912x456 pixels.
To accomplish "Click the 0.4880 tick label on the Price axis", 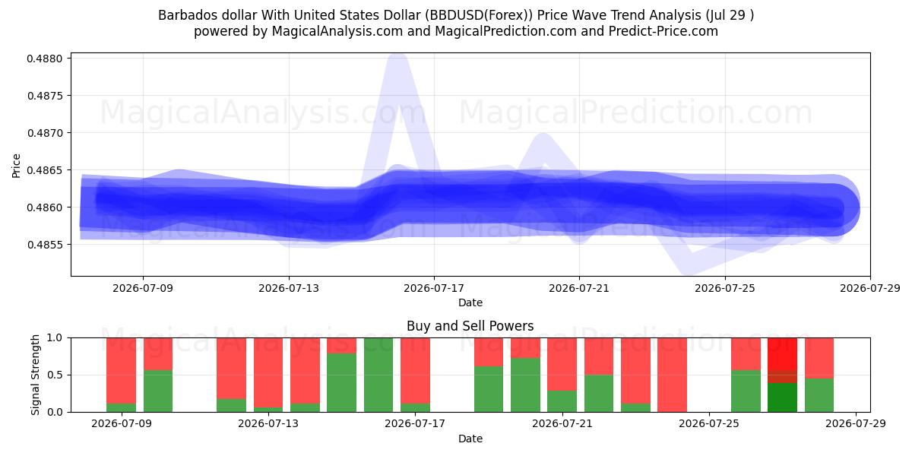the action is [45, 59].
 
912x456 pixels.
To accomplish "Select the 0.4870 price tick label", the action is [45, 133].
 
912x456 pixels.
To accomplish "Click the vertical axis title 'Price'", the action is [16, 166].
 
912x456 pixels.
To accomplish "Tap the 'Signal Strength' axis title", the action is [36, 375].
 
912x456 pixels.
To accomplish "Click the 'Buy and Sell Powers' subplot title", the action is [470, 326].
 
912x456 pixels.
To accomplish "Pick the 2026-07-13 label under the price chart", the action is [289, 288].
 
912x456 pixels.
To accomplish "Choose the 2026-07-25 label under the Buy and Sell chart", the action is [709, 423].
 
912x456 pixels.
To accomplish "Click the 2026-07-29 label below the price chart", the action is [870, 288].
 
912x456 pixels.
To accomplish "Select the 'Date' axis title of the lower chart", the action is [470, 439].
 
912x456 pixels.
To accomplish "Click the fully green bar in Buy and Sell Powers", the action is [378, 375].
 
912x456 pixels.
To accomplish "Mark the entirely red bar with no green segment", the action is [672, 375].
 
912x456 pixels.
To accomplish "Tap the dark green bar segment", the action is [782, 397].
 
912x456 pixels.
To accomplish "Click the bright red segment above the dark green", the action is [782, 354].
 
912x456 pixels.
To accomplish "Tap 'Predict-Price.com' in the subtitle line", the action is [663, 31].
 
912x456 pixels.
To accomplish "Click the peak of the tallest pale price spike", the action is [397, 57].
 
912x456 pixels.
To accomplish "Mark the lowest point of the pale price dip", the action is [687, 270].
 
